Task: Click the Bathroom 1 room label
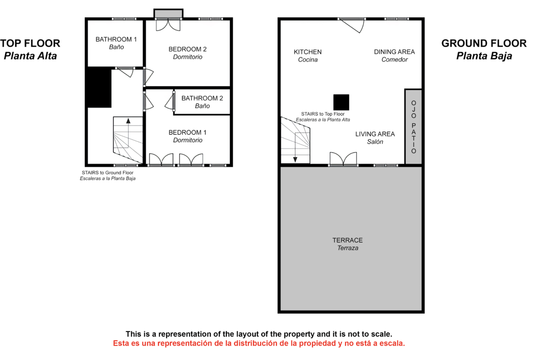pos(116,43)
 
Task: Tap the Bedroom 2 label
pos(187,53)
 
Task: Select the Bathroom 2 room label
pos(202,102)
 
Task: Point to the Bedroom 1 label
pos(187,136)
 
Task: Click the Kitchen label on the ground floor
pos(308,56)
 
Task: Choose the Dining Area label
pos(394,55)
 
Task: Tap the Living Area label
pos(375,138)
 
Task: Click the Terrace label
pos(347,244)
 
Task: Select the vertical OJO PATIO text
pos(414,127)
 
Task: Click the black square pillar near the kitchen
pos(341,102)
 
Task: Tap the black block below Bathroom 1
pos(99,88)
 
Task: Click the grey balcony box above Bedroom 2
pos(168,14)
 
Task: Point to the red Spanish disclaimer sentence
pos(259,343)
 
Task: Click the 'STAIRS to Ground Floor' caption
pos(107,173)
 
